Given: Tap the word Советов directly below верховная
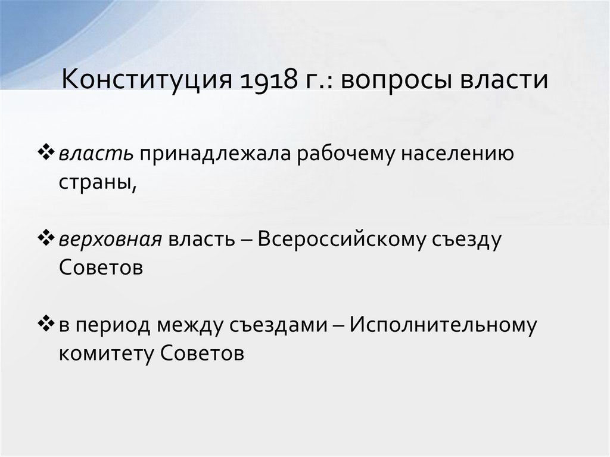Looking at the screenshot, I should pyautogui.click(x=101, y=268).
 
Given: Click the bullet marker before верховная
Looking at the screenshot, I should pyautogui.click(x=49, y=238).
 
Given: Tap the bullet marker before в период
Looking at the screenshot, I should pyautogui.click(x=49, y=324).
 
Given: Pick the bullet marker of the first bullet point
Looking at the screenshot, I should pyautogui.click(x=49, y=153).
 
